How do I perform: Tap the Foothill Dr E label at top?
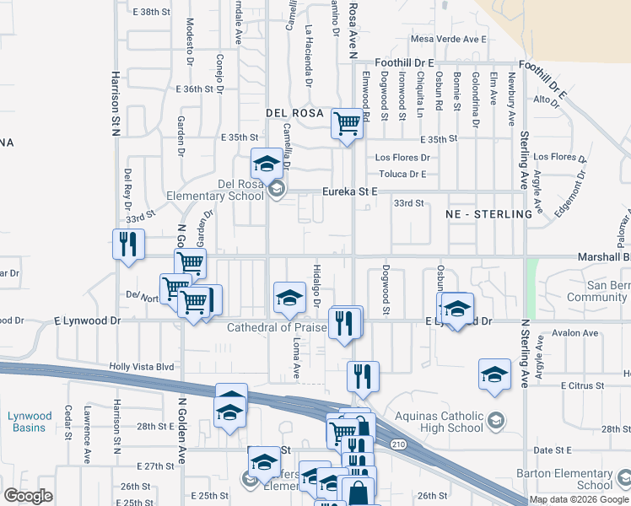pos(405,62)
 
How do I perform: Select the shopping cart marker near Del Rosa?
pos(348,123)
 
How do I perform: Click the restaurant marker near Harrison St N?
pos(128,245)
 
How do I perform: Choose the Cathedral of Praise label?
pos(278,327)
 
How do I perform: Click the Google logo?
pos(28,495)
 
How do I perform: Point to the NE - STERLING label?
pos(489,214)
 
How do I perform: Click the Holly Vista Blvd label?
pos(141,367)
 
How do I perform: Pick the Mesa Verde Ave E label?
pos(450,40)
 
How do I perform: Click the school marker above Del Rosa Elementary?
pos(267,164)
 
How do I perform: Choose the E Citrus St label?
pos(583,385)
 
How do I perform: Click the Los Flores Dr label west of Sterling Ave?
pos(402,158)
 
